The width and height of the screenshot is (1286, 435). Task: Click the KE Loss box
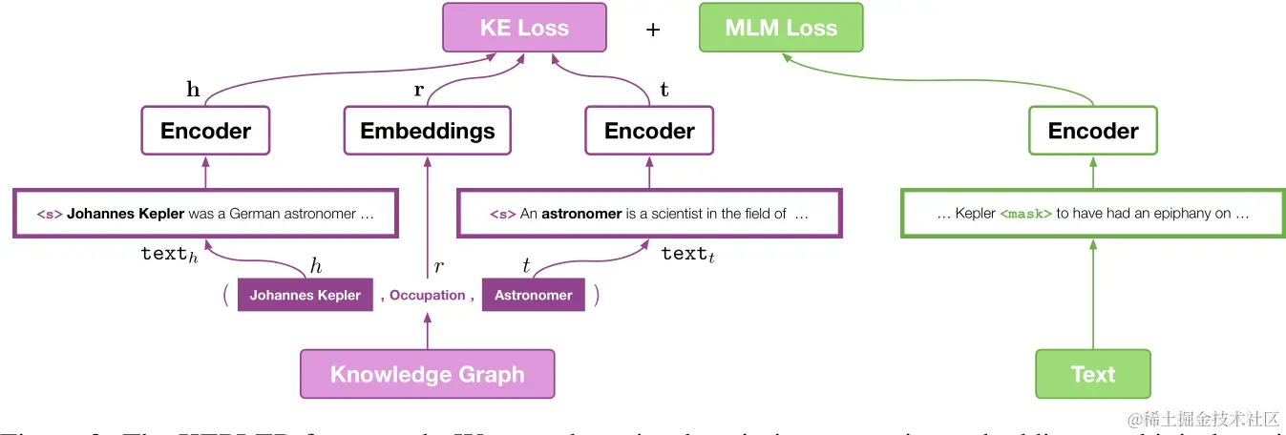[x=523, y=28]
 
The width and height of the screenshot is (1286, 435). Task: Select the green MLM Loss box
[x=780, y=28]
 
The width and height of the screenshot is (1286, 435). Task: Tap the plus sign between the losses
[x=653, y=30]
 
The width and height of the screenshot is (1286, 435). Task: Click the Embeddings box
[x=427, y=131]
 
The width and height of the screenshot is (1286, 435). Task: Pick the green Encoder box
[x=1093, y=131]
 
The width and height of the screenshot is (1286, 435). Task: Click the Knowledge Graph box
[x=427, y=374]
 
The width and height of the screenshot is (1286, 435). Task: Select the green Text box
[x=1093, y=374]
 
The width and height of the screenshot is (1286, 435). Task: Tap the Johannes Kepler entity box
[x=305, y=295]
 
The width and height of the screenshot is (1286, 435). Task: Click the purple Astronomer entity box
[x=533, y=295]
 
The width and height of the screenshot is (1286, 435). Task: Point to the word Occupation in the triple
[x=427, y=295]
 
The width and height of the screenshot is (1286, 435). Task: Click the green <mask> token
[x=1025, y=214]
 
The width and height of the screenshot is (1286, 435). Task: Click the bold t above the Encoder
[x=664, y=91]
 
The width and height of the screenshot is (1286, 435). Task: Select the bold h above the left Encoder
[x=193, y=90]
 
